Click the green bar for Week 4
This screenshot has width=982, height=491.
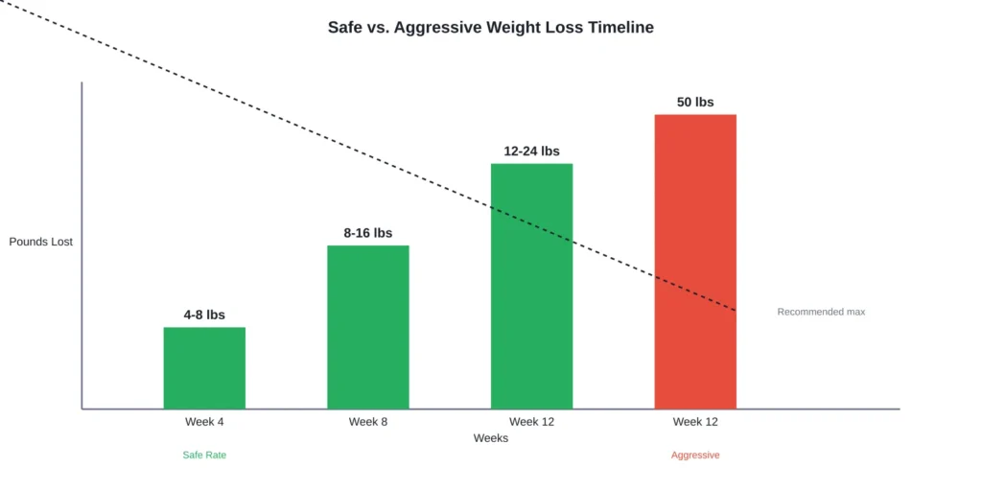(x=204, y=368)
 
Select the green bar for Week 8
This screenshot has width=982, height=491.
(x=368, y=327)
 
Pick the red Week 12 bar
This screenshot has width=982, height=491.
(x=695, y=262)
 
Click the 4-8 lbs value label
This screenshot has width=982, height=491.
(x=204, y=315)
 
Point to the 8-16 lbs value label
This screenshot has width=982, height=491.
(x=368, y=233)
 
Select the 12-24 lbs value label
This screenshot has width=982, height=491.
(x=531, y=152)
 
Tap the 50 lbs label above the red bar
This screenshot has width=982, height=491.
(x=695, y=103)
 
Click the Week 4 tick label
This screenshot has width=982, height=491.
(x=204, y=422)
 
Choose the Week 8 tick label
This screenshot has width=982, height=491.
(x=368, y=422)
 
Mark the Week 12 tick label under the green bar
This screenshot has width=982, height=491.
(x=531, y=422)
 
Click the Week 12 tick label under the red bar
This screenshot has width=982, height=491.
(x=695, y=422)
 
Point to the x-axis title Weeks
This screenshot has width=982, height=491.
(x=491, y=438)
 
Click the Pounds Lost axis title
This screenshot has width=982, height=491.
(x=41, y=242)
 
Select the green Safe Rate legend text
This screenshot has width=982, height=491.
(x=204, y=456)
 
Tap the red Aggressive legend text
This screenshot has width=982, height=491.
(x=695, y=456)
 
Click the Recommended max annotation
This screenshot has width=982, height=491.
(x=821, y=312)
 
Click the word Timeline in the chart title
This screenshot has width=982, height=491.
(x=620, y=28)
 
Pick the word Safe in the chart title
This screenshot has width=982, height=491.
(x=345, y=28)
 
